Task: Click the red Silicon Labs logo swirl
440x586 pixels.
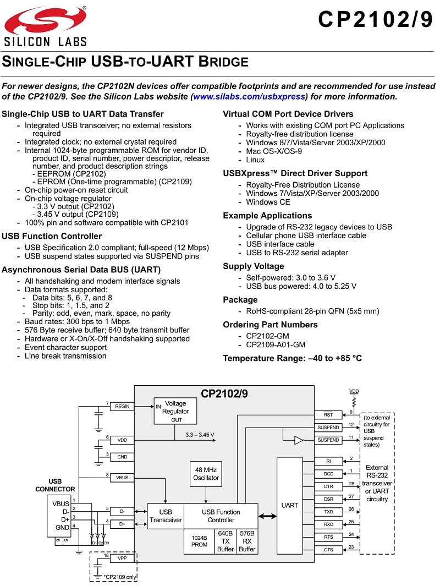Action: (45, 20)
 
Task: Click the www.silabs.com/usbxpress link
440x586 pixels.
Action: (249, 96)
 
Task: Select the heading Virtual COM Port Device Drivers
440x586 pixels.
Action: (288, 114)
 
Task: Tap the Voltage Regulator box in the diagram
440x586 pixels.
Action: (175, 410)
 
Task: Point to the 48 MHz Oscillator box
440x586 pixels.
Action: (206, 474)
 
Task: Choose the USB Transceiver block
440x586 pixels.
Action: (166, 516)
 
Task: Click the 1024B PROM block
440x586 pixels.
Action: (199, 541)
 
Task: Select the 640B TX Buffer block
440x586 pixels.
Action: (226, 541)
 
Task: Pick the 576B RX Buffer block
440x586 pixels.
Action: (247, 541)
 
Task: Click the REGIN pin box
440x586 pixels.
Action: (122, 406)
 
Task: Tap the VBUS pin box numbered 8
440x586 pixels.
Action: (122, 478)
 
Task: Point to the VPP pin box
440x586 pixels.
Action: (122, 558)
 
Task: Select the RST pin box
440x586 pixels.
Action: (328, 415)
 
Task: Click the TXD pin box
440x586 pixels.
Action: (328, 512)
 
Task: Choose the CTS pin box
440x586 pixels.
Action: (328, 550)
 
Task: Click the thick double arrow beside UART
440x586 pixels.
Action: (267, 516)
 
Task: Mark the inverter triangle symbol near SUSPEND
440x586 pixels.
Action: (299, 440)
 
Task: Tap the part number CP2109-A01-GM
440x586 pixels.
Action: (276, 344)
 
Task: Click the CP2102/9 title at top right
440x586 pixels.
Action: (376, 19)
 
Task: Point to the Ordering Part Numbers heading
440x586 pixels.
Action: (271, 325)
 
